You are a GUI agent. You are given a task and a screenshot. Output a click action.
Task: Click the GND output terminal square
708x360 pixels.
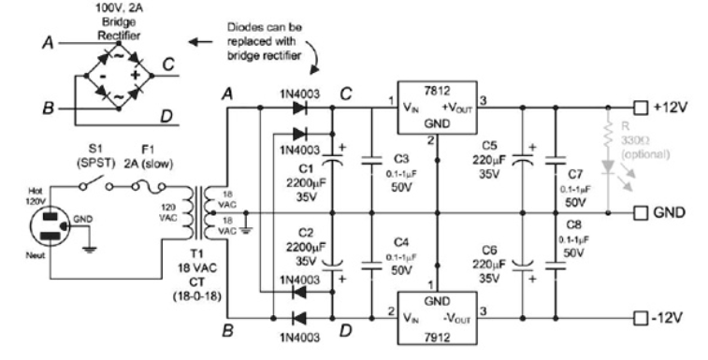point(641,211)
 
